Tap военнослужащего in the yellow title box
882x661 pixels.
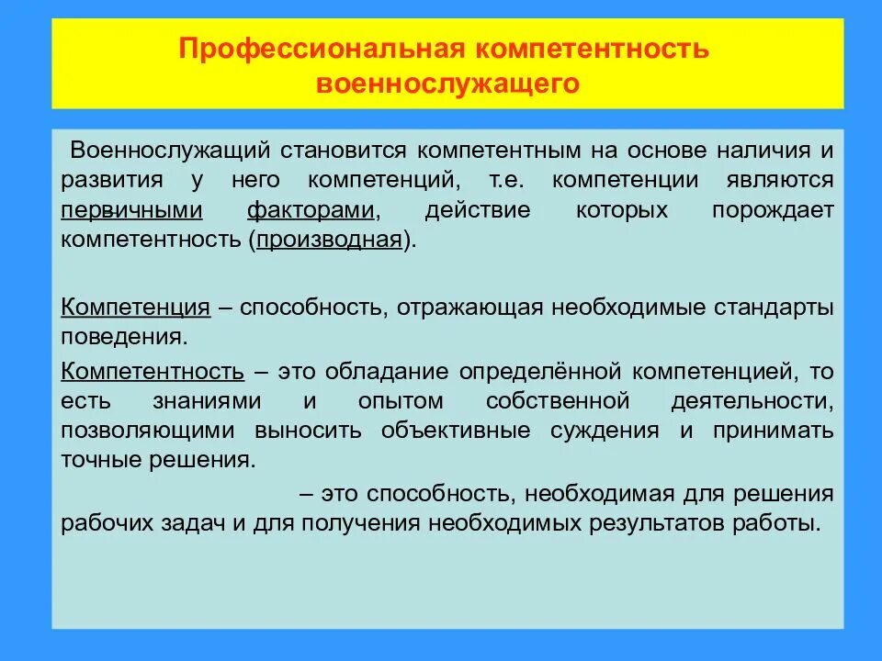pyautogui.click(x=448, y=83)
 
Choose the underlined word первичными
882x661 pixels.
pyautogui.click(x=131, y=209)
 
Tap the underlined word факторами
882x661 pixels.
pyautogui.click(x=311, y=209)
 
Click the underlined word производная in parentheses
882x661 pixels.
pyautogui.click(x=331, y=240)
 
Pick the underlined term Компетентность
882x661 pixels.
pyautogui.click(x=153, y=372)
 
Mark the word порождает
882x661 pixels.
pyautogui.click(x=773, y=209)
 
